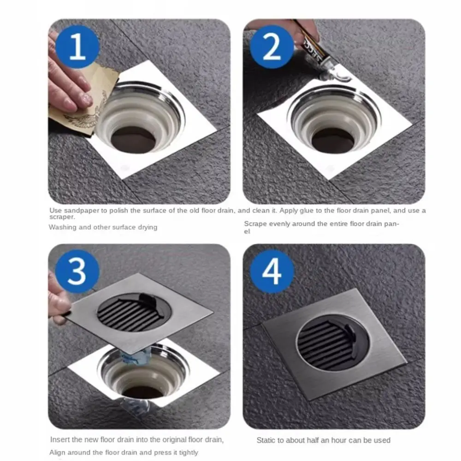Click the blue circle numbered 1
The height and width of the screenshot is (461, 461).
(x=77, y=47)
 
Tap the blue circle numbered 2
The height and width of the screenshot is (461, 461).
(x=272, y=47)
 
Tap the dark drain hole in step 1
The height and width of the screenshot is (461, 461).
(x=134, y=140)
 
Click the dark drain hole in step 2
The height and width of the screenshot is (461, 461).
(x=332, y=141)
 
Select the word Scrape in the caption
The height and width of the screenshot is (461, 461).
(x=255, y=224)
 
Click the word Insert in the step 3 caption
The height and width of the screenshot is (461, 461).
(x=60, y=439)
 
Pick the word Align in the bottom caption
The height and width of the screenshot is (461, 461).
(x=57, y=452)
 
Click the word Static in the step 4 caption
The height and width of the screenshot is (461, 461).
(x=266, y=440)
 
